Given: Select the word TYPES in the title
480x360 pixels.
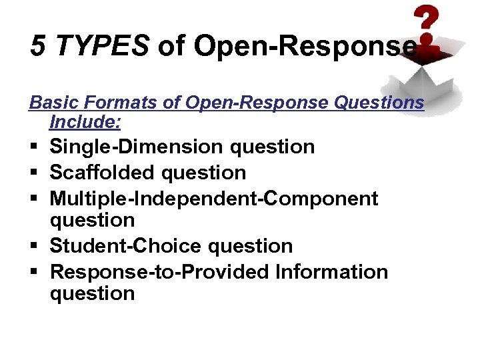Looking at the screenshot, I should [x=102, y=45].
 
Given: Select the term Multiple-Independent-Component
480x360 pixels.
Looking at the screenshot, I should [x=214, y=199].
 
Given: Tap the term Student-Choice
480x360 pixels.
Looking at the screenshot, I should [x=127, y=245].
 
